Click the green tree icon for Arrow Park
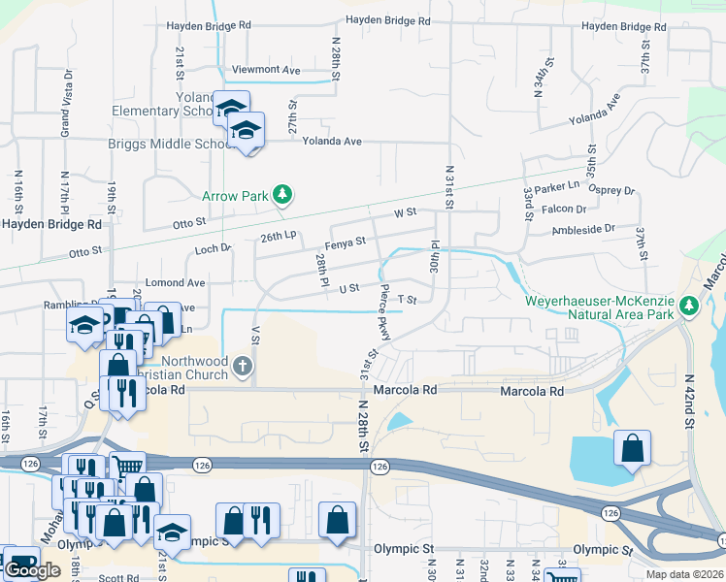coord(281,196)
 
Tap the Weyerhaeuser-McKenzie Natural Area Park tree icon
coord(689,307)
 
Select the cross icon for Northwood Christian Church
coord(244,367)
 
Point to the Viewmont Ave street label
coord(266,70)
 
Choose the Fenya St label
coord(346,242)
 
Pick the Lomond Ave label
coord(175,282)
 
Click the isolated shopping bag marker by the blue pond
coord(632,448)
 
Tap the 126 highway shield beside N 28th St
coord(379,467)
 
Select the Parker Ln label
coord(556,184)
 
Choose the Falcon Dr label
coord(567,209)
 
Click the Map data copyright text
coord(684,574)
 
